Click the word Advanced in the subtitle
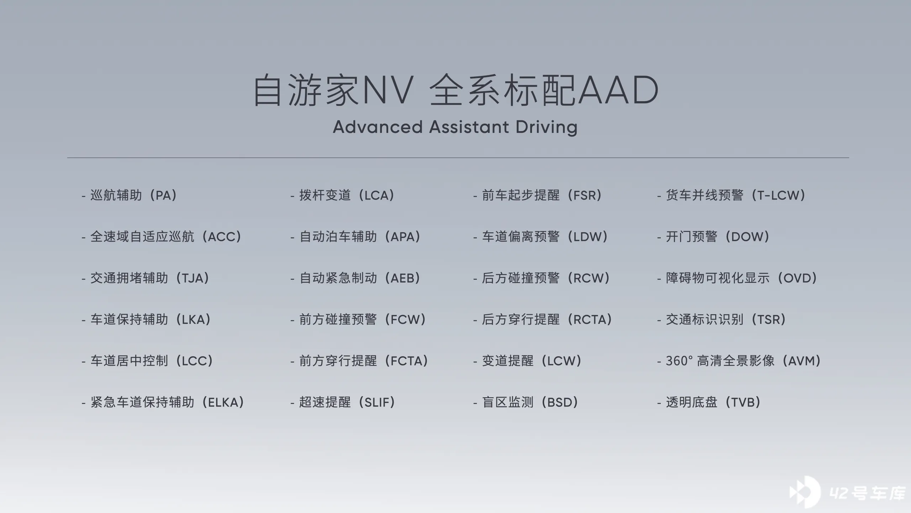[x=378, y=127]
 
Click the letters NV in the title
[x=388, y=90]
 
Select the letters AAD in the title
[x=618, y=90]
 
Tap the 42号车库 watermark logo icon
[x=805, y=492]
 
